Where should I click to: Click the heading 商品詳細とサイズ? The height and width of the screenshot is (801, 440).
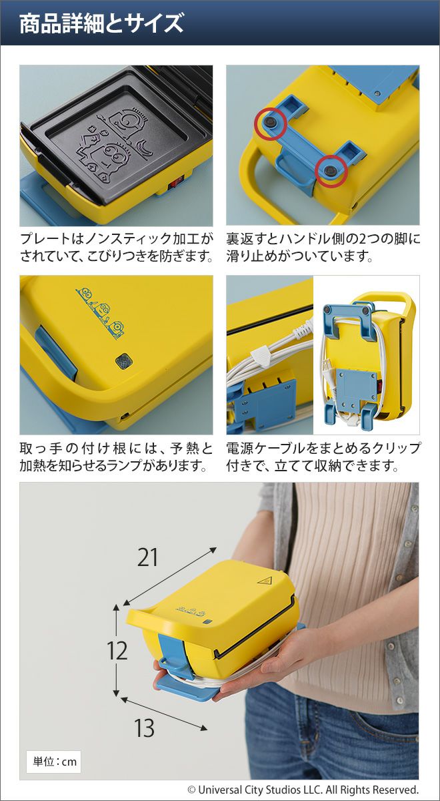101,24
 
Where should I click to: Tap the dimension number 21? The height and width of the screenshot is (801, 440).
147,557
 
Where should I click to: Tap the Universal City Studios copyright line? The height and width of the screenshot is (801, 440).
303,789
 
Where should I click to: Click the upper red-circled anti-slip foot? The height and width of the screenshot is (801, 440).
271,123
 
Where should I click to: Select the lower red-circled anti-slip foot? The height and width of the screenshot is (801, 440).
332,171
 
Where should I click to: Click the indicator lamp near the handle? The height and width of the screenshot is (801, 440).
124,360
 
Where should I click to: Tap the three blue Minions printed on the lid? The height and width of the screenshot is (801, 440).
100,312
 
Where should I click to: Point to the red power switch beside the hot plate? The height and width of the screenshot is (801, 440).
177,183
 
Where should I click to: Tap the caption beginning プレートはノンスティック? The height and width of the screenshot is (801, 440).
116,247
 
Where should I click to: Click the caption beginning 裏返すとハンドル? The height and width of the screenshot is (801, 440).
323,247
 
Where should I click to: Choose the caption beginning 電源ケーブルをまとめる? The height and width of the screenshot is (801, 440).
323,457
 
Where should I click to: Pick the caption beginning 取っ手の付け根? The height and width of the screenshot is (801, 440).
116,457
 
